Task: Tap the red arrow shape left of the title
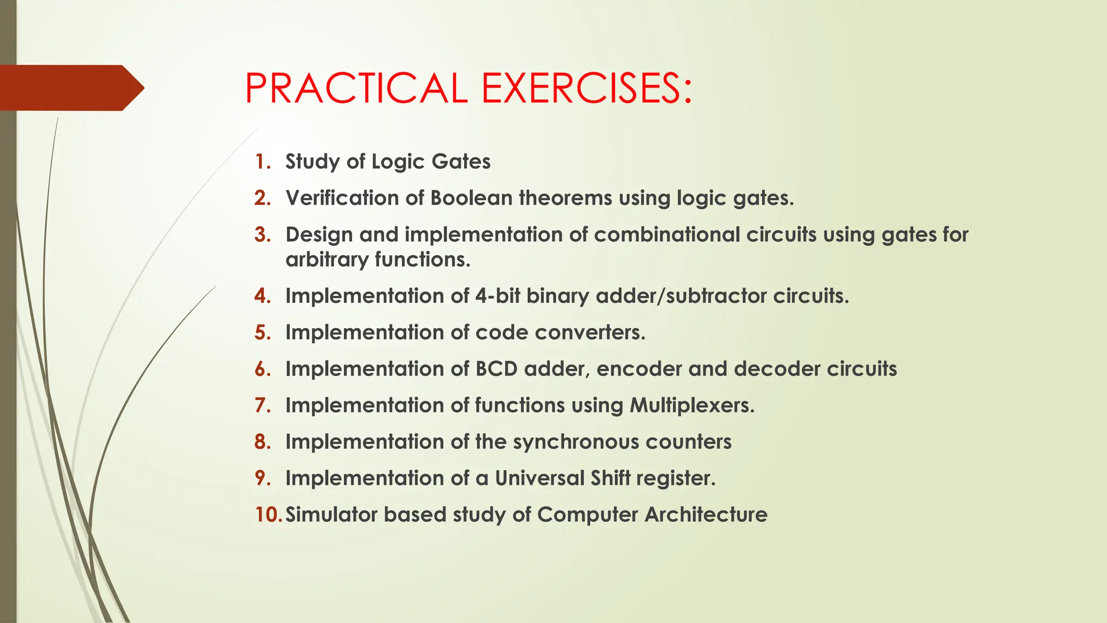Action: point(70,88)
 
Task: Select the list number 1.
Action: point(262,162)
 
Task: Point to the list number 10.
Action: point(268,514)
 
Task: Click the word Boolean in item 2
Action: point(471,198)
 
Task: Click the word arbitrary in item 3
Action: point(327,260)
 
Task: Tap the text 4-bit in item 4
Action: point(497,296)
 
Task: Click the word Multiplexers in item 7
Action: point(692,405)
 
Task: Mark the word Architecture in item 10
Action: point(706,514)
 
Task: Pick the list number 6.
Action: point(262,369)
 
